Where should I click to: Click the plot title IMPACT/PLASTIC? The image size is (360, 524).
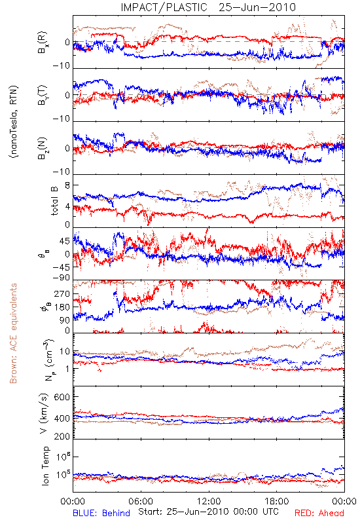[164, 7]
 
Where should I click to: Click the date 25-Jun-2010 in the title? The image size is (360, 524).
[257, 7]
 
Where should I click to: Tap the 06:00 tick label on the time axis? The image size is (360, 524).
[141, 501]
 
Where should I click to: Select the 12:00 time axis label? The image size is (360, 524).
[209, 501]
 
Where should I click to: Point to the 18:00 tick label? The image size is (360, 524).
[276, 501]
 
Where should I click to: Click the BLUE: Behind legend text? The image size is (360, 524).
[101, 513]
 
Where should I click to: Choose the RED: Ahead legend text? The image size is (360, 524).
[319, 513]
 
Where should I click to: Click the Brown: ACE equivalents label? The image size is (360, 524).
[13, 333]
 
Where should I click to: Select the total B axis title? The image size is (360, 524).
[54, 201]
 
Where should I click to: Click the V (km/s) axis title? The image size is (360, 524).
[44, 413]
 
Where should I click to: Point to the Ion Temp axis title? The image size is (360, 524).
[45, 466]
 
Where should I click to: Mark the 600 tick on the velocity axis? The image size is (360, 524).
[62, 397]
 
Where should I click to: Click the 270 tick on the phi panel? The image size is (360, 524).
[62, 293]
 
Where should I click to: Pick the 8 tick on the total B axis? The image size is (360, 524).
[67, 185]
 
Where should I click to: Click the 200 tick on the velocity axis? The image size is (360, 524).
[62, 436]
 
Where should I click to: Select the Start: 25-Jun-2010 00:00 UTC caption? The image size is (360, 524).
[208, 512]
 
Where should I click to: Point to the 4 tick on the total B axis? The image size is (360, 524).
[67, 206]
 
